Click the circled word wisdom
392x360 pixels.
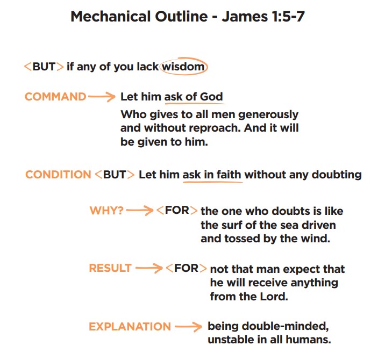click(183, 67)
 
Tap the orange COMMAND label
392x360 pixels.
click(55, 97)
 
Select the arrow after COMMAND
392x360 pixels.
click(102, 97)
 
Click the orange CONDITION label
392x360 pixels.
click(58, 175)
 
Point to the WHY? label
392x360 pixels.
click(106, 211)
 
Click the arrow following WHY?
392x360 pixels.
click(140, 211)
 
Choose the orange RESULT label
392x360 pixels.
click(110, 268)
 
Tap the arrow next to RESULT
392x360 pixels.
click(149, 268)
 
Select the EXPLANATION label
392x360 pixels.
click(130, 327)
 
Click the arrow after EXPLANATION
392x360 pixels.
click(188, 327)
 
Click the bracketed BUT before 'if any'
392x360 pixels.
click(44, 67)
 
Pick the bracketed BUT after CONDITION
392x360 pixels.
click(115, 175)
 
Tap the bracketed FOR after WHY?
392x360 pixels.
click(177, 210)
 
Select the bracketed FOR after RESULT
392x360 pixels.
click(186, 268)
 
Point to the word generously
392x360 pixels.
click(268, 115)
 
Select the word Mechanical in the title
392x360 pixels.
click(111, 17)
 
